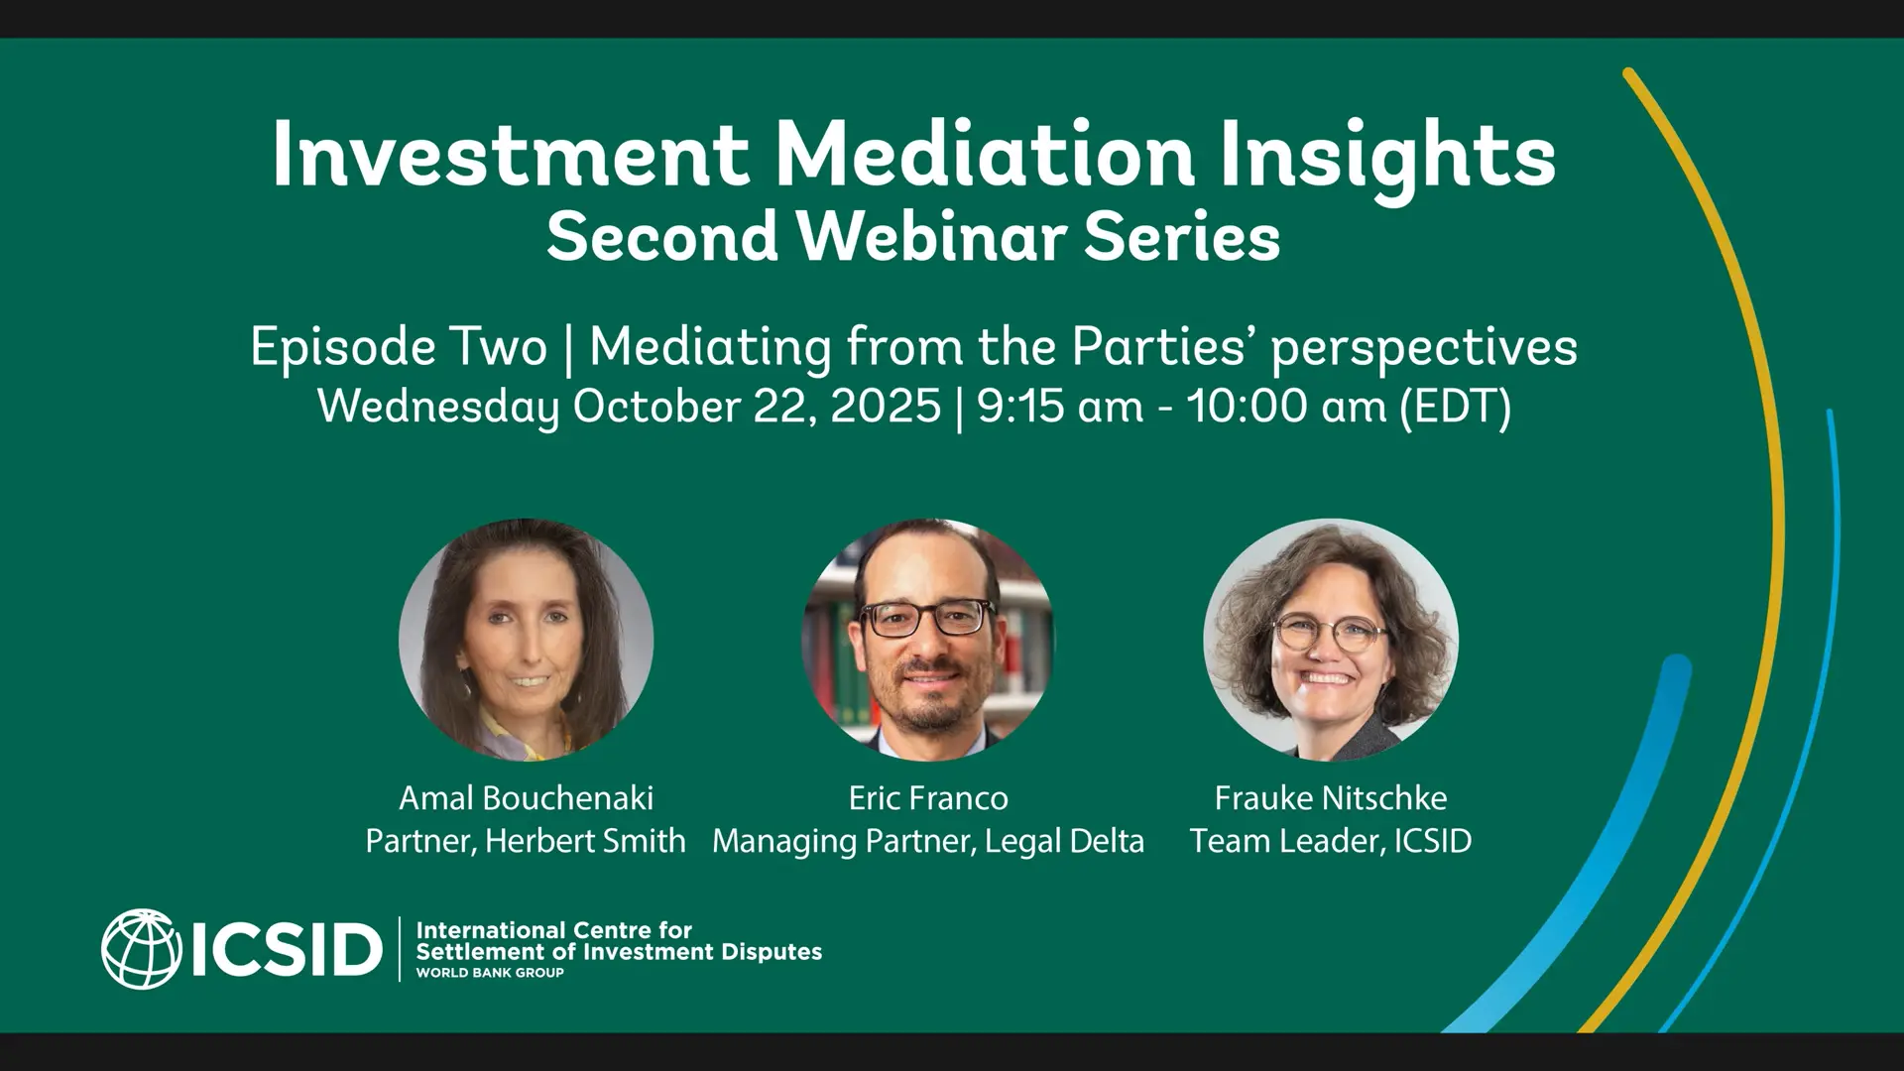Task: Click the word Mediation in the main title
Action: coord(985,155)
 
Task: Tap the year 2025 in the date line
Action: coord(886,406)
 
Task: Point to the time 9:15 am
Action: coord(1060,406)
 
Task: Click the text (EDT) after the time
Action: coord(1456,407)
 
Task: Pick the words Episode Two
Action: coord(399,348)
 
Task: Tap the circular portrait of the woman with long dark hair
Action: coord(526,640)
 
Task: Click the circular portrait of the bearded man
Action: coord(928,640)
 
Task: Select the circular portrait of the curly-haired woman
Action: coord(1331,640)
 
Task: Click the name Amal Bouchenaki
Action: coord(526,797)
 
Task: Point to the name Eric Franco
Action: coord(928,797)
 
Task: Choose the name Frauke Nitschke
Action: coord(1331,797)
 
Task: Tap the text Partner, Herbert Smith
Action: coord(526,841)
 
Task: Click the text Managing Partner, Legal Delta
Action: coord(928,842)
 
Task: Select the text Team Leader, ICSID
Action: coord(1331,841)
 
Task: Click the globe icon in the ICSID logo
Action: coord(141,949)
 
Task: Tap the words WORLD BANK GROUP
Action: coord(490,973)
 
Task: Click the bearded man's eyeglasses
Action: coord(927,618)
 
